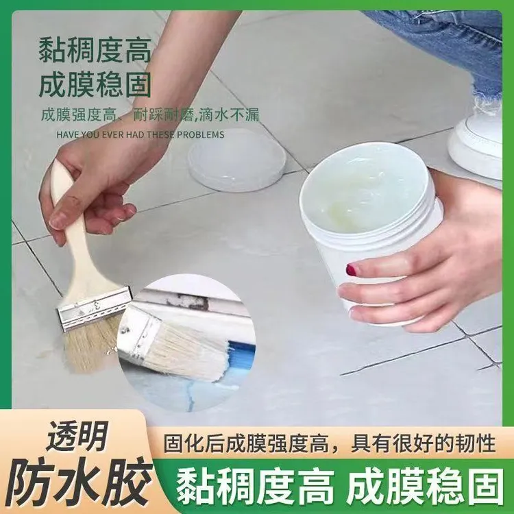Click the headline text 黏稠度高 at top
(95, 52)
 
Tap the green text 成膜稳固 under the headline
(95, 86)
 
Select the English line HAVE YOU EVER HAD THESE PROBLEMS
(140, 134)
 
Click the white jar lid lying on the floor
(237, 160)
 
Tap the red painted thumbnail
(352, 269)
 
